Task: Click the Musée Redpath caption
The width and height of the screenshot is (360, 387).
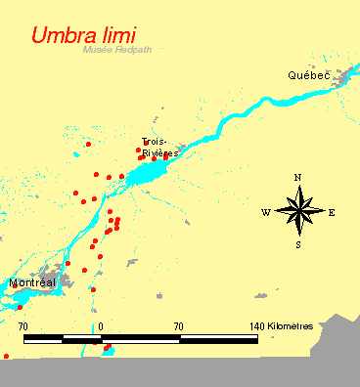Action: pos(112,49)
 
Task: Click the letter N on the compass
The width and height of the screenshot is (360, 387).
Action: pos(298,177)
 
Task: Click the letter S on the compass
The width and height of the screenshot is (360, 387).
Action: pos(298,244)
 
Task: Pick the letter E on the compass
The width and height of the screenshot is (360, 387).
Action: pos(332,212)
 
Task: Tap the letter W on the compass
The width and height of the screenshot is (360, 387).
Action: pos(266,212)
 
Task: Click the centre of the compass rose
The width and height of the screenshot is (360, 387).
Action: pos(298,211)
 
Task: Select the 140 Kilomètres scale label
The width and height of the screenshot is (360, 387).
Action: pos(281,324)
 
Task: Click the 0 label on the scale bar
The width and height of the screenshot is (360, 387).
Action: pos(102,324)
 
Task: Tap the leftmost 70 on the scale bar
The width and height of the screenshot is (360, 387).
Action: pos(23,324)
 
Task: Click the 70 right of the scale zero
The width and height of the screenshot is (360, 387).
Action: pos(179,324)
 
